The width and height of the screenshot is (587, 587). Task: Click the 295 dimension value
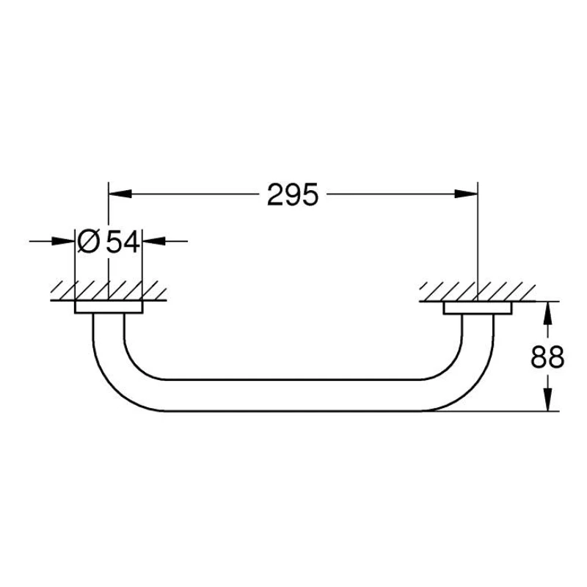(x=293, y=195)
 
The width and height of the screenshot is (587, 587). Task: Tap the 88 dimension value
(x=547, y=357)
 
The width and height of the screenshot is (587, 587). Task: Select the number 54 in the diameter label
(x=123, y=241)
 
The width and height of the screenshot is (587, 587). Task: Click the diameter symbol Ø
(x=88, y=241)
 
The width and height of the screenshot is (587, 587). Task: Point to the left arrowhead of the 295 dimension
(x=119, y=194)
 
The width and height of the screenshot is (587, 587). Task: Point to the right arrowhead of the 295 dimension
(x=467, y=194)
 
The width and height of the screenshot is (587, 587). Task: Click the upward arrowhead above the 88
(x=547, y=313)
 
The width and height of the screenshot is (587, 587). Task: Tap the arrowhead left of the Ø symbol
(x=66, y=241)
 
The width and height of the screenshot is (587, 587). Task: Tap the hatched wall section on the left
(x=109, y=291)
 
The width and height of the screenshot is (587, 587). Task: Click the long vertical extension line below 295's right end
(x=478, y=242)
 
